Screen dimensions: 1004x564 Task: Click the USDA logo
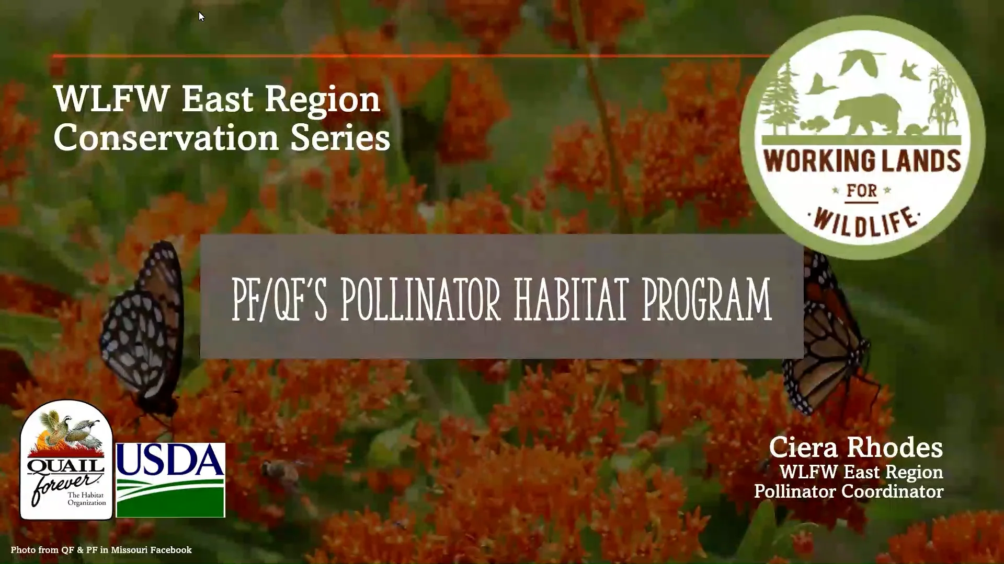[x=170, y=480]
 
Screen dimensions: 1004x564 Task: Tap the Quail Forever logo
[x=66, y=460]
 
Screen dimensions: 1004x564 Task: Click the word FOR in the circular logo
[x=862, y=191]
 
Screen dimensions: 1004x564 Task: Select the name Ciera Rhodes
[x=856, y=448]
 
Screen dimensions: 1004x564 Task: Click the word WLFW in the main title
[x=112, y=99]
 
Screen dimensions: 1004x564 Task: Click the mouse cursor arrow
[x=201, y=17]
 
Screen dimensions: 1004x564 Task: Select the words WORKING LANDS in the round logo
[x=862, y=161]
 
